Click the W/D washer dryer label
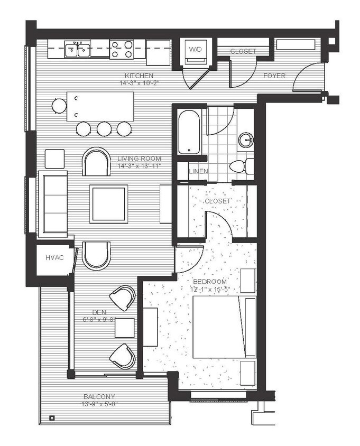point(195,49)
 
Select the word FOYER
point(274,76)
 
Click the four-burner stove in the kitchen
point(121,49)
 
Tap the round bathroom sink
point(246,140)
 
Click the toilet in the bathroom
point(241,166)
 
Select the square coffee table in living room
point(109,203)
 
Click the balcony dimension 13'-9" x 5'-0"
point(99,404)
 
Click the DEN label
point(99,312)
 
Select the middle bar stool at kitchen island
point(104,128)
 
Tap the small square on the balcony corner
point(51,418)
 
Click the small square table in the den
point(124,328)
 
